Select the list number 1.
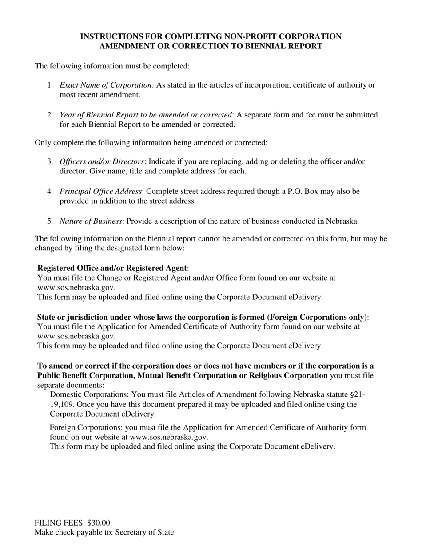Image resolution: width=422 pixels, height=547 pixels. click(x=50, y=85)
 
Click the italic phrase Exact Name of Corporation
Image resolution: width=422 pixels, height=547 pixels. click(x=106, y=85)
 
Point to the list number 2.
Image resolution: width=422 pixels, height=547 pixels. click(x=50, y=115)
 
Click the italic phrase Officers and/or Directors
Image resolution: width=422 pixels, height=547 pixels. click(x=102, y=161)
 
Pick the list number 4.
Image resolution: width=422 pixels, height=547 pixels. click(x=50, y=191)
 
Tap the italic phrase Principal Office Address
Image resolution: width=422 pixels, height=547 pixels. click(x=101, y=191)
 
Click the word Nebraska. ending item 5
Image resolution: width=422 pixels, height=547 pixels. click(x=342, y=221)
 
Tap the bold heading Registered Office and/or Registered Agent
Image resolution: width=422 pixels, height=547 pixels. click(x=112, y=268)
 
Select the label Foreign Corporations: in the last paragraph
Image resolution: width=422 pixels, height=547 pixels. click(x=86, y=428)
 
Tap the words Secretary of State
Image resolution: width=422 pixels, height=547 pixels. click(x=144, y=532)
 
